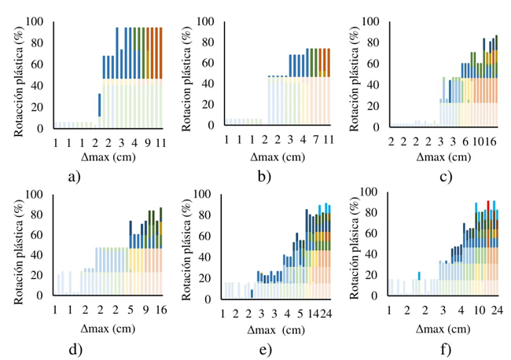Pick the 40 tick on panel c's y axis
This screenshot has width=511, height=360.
pyautogui.click(x=380, y=84)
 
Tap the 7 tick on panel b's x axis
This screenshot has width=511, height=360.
pyautogui.click(x=313, y=139)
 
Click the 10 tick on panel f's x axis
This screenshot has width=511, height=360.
pyautogui.click(x=479, y=310)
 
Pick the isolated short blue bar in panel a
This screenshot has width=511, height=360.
pyautogui.click(x=99, y=105)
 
